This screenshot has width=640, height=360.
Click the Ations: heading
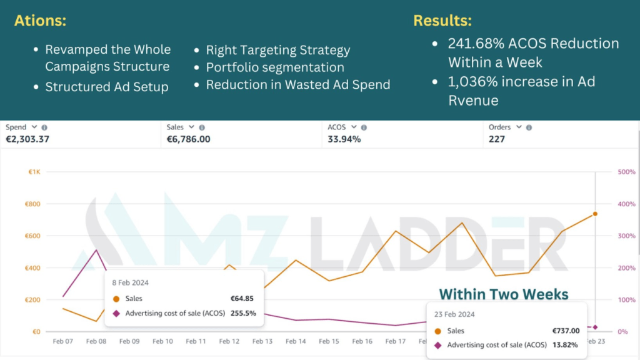(40, 21)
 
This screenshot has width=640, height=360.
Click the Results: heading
(442, 21)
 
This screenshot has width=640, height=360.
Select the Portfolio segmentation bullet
(275, 67)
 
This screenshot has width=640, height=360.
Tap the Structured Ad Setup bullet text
(107, 87)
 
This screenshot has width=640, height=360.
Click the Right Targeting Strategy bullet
(278, 50)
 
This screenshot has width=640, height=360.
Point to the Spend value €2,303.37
(27, 139)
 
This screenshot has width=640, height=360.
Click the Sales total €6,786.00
(188, 139)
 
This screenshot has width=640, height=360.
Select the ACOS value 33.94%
(344, 139)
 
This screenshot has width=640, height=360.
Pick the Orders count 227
(497, 139)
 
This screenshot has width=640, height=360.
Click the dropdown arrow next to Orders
(518, 127)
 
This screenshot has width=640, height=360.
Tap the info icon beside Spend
(44, 127)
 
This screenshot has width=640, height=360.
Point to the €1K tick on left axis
(34, 172)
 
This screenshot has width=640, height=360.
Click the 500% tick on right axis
(626, 172)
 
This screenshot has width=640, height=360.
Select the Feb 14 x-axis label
(296, 341)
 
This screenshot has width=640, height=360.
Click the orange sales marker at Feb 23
(595, 214)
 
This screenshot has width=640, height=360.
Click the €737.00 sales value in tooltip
(566, 331)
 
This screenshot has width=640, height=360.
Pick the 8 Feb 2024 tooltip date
(131, 282)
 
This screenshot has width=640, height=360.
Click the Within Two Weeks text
(504, 294)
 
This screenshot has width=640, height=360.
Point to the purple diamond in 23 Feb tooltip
(437, 344)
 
